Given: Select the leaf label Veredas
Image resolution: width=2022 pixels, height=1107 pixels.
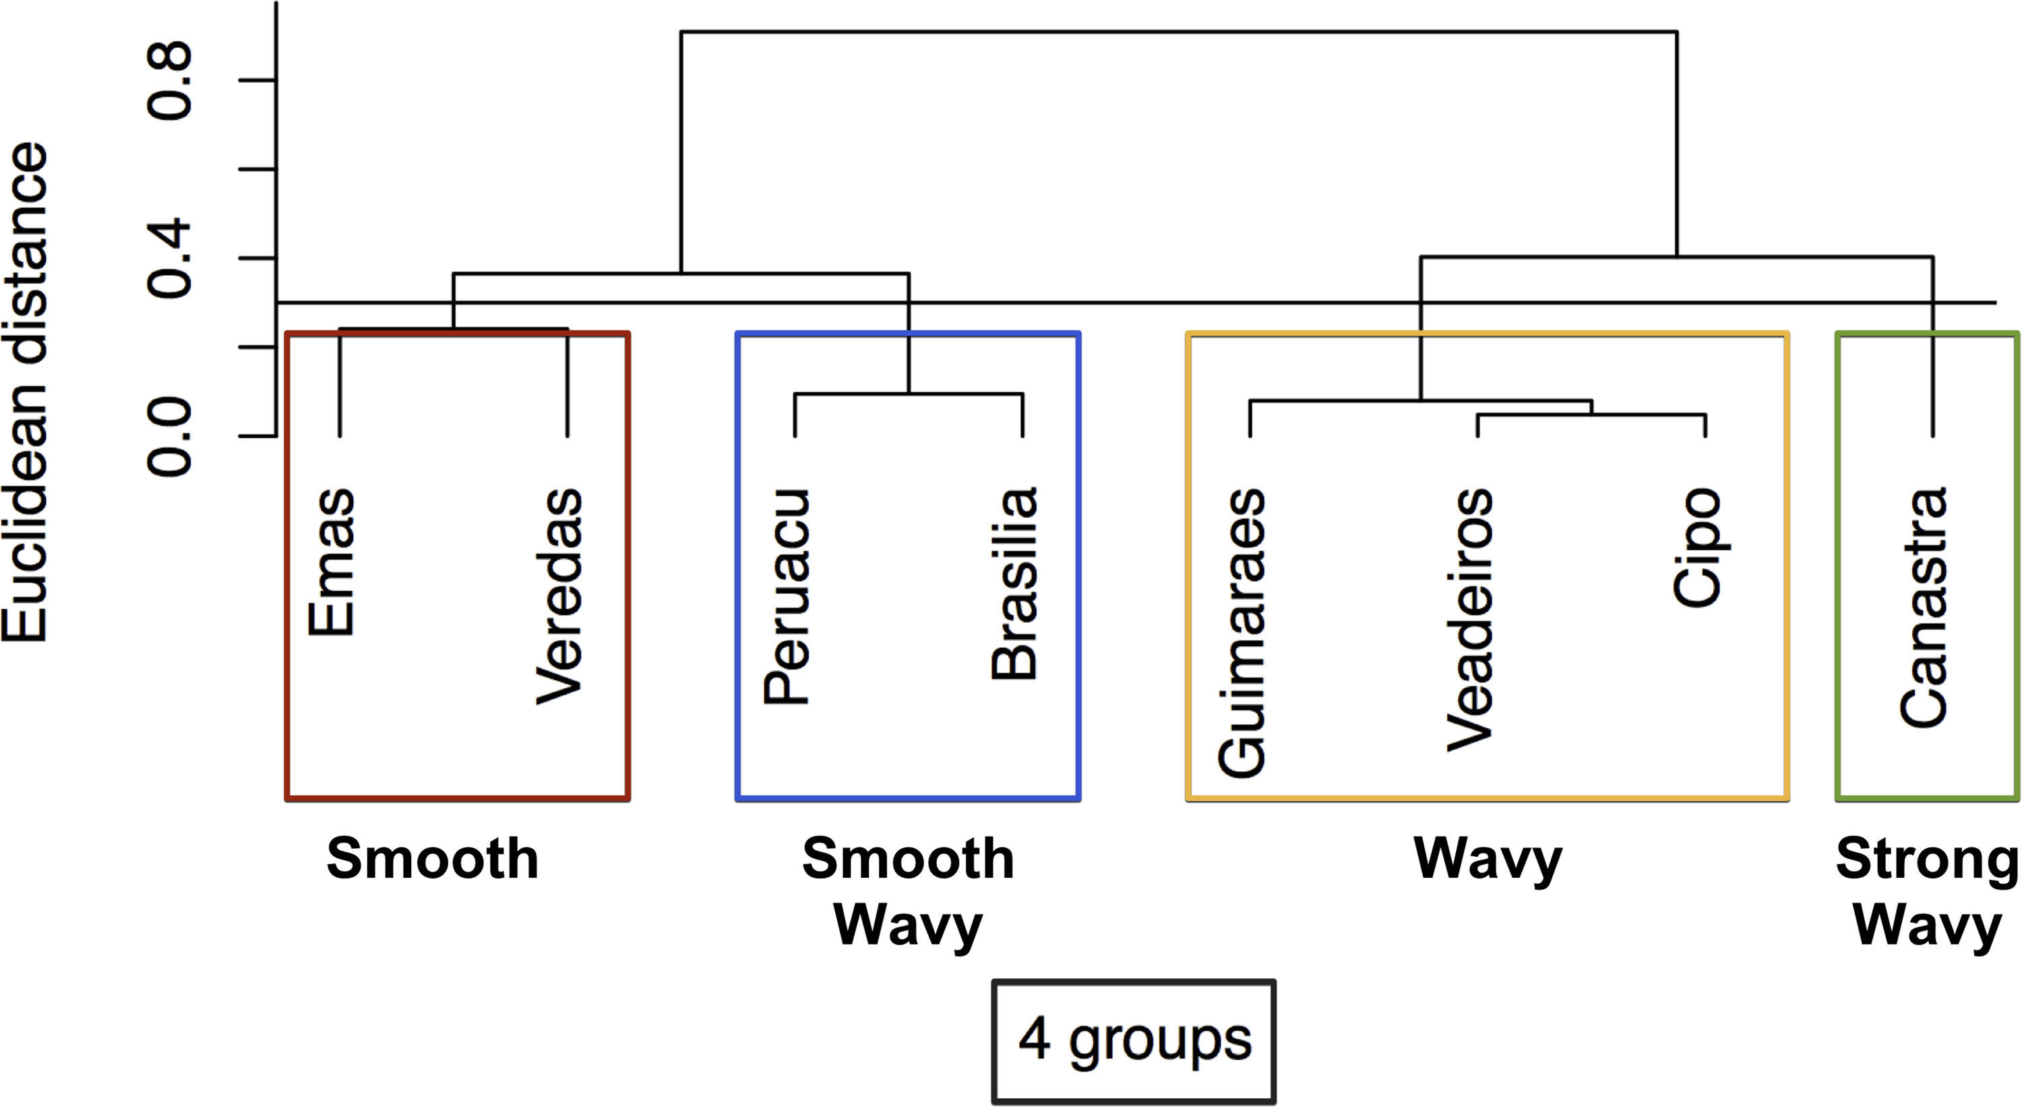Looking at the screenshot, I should pyautogui.click(x=559, y=597).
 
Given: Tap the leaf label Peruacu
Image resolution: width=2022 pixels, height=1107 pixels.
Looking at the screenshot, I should pyautogui.click(x=787, y=597).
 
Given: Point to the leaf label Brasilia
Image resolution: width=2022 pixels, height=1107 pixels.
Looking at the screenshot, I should pyautogui.click(x=1015, y=583).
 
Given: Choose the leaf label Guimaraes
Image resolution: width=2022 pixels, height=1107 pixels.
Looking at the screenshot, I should pyautogui.click(x=1242, y=633).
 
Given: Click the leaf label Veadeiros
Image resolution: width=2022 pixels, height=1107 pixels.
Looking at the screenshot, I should pyautogui.click(x=1470, y=620).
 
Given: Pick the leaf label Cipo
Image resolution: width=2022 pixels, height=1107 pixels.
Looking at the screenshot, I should pyautogui.click(x=1697, y=547).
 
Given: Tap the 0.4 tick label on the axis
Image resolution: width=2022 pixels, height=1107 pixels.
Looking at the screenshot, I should pyautogui.click(x=171, y=258).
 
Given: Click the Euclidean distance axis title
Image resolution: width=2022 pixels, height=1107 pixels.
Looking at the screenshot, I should pyautogui.click(x=25, y=392).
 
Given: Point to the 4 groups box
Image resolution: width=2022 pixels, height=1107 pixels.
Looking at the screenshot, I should pyautogui.click(x=1134, y=1040).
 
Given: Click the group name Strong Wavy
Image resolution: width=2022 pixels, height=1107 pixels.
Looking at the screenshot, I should pyautogui.click(x=1927, y=893).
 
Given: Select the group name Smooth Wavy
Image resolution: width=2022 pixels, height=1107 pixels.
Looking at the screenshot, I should pyautogui.click(x=908, y=893).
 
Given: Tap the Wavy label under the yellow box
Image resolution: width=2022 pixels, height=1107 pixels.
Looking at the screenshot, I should pyautogui.click(x=1488, y=860).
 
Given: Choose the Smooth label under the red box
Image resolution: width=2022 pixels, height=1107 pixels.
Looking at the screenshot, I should pyautogui.click(x=433, y=860).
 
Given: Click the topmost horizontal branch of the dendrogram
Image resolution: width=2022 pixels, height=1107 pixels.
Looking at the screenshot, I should pyautogui.click(x=1177, y=32).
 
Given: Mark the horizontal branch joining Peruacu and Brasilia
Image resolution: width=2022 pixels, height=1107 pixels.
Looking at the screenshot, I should pyautogui.click(x=908, y=392).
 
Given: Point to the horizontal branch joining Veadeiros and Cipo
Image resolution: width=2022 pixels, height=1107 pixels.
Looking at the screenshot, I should pyautogui.click(x=1591, y=414).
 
